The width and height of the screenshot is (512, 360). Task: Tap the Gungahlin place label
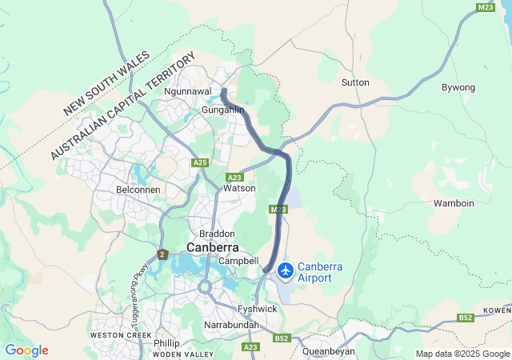pyautogui.click(x=222, y=109)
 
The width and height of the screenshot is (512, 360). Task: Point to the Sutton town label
pyautogui.click(x=355, y=82)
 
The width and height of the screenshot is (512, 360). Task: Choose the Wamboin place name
pyautogui.click(x=454, y=203)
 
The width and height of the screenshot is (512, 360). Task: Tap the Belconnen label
pyautogui.click(x=138, y=190)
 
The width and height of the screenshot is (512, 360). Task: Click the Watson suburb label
pyautogui.click(x=239, y=188)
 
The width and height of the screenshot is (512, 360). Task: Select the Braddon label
pyautogui.click(x=217, y=233)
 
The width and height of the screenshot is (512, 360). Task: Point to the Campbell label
pyautogui.click(x=238, y=261)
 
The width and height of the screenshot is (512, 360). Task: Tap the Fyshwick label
pyautogui.click(x=257, y=308)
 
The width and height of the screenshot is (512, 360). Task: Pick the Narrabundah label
pyautogui.click(x=232, y=326)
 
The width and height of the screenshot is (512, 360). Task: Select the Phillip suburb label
pyautogui.click(x=166, y=342)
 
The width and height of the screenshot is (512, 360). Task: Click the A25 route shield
pyautogui.click(x=200, y=162)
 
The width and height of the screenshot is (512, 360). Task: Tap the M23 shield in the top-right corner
pyautogui.click(x=485, y=7)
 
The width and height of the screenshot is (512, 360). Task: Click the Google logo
pyautogui.click(x=26, y=350)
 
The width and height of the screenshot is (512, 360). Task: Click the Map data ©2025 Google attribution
pyautogui.click(x=462, y=354)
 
